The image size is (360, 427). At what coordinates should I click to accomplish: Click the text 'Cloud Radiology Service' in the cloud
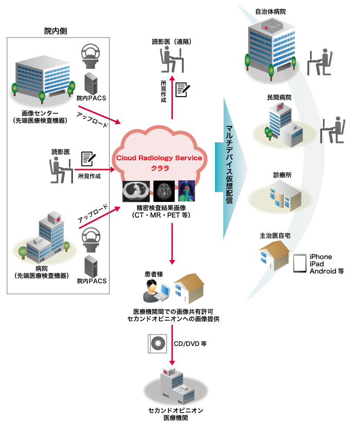(x=158, y=158)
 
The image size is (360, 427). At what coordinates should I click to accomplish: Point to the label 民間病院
(x=279, y=97)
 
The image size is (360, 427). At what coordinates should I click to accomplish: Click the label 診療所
(x=282, y=175)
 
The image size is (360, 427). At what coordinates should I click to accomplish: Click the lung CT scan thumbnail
(x=136, y=191)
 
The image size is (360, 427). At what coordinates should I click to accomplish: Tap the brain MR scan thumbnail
(x=163, y=191)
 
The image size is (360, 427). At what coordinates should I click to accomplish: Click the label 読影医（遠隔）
(x=172, y=42)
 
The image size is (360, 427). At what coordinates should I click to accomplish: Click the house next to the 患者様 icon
(x=189, y=291)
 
